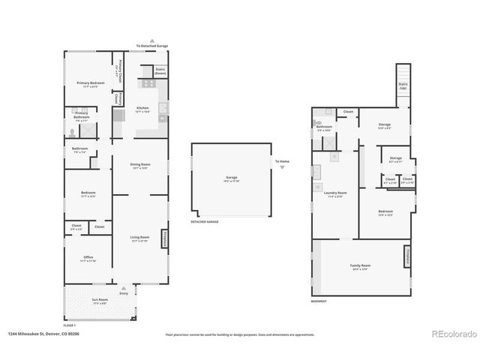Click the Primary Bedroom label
[87, 84]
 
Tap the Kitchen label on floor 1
[142, 109]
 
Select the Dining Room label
[140, 164]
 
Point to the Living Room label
[139, 237]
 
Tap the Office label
[87, 258]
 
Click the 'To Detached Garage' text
[152, 46]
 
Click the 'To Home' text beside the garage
[281, 161]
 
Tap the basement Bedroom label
[385, 212]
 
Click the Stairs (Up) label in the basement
[403, 86]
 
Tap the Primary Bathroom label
[81, 115]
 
